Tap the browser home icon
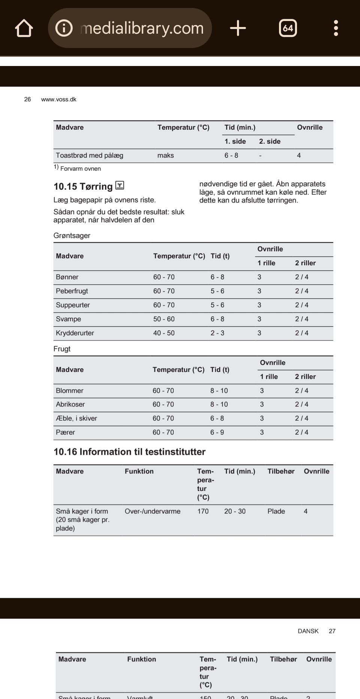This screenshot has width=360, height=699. tap(24, 28)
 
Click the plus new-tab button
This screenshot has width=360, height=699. tap(238, 28)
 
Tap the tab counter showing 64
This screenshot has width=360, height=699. tap(288, 28)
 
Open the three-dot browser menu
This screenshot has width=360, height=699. tap(336, 28)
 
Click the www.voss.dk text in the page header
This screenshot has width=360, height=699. tap(58, 99)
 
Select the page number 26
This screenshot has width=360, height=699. tap(27, 99)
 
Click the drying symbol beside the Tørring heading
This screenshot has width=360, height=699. tap(120, 185)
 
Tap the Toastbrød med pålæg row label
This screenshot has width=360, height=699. tap(89, 155)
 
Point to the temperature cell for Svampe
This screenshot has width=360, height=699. tap(163, 319)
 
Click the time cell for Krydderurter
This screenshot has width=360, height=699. tap(217, 333)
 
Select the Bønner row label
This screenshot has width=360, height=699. tap(67, 277)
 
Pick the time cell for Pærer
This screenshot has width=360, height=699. tap(217, 432)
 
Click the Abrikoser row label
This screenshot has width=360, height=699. tap(70, 404)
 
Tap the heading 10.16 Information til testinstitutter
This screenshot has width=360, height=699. tap(129, 451)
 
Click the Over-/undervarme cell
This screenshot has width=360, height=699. tap(152, 511)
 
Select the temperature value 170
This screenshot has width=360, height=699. tap(203, 511)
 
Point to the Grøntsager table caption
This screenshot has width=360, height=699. tap(72, 235)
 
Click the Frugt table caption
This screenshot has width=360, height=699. tap(62, 349)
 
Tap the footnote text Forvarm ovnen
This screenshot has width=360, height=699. tap(80, 169)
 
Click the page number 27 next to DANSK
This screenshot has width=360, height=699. tap(332, 631)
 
